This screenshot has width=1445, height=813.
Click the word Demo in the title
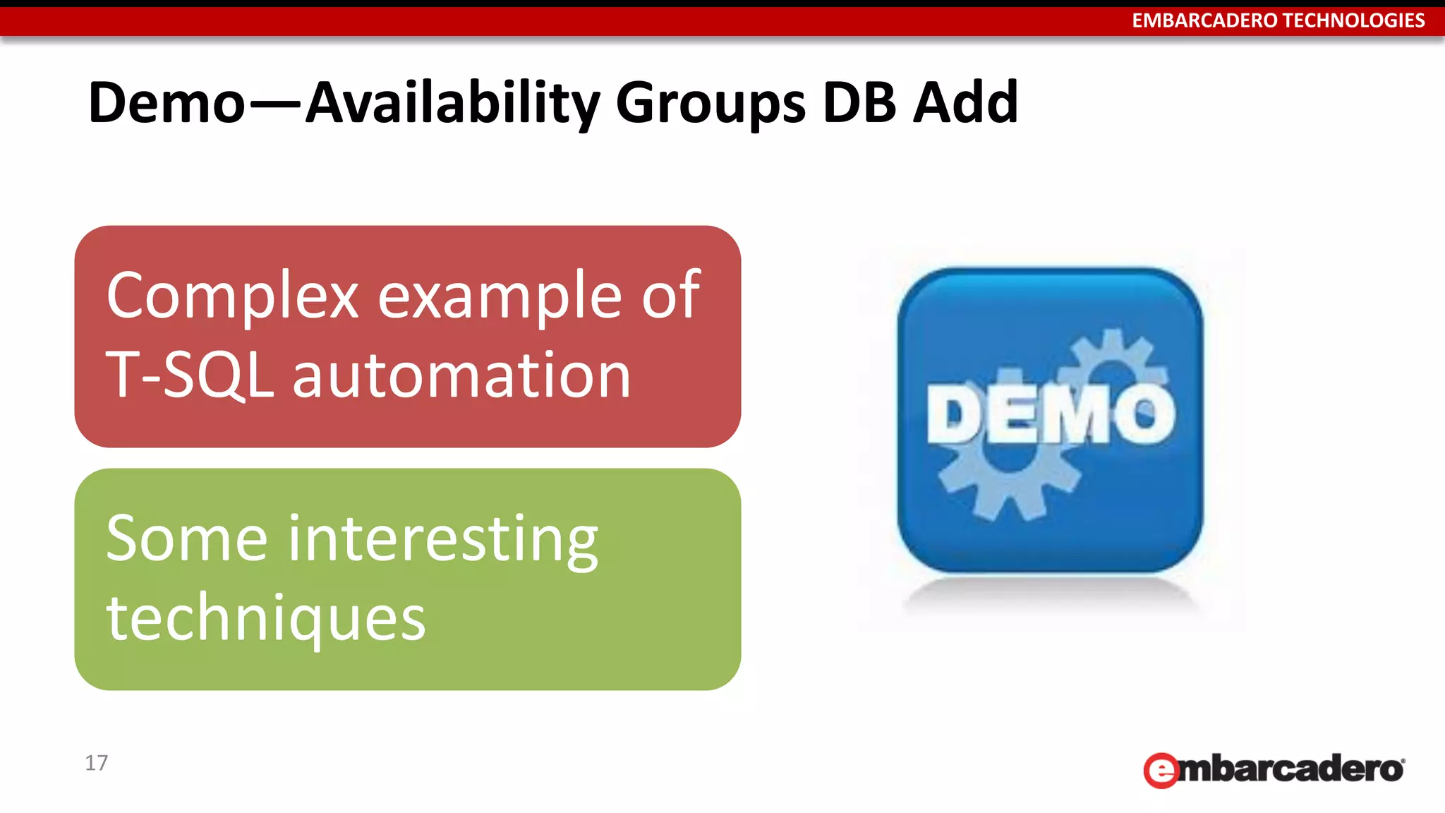pos(167,103)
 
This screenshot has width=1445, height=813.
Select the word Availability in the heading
pos(452,103)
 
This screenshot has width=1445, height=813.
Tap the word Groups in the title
pos(710,103)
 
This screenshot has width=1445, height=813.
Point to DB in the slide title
pos(859,103)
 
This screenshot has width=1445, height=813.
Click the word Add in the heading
pos(965,103)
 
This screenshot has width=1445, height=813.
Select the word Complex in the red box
pos(232,296)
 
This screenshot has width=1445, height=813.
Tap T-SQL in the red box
pos(189,375)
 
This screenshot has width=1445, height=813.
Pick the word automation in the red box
pos(461,375)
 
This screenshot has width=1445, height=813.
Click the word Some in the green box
pos(186,539)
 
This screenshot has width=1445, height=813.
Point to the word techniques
pos(265,618)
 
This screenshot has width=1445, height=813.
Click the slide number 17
pos(96,763)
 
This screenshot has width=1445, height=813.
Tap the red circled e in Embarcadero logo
pos(1161,771)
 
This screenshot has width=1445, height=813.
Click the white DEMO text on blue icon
pos(1051,416)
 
